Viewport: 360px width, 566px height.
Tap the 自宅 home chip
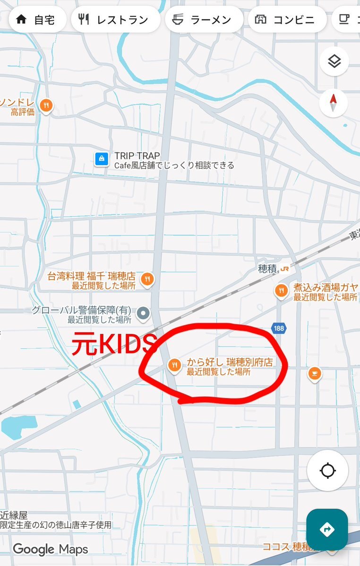point(37,19)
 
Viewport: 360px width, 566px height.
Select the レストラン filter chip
point(113,19)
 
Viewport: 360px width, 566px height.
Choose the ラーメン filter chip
point(203,19)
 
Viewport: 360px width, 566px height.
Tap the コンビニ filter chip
point(287,19)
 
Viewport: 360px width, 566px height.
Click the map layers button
point(334,61)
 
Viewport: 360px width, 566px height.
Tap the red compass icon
point(334,103)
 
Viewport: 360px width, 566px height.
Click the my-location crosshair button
point(327,471)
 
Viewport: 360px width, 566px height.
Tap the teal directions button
point(327,530)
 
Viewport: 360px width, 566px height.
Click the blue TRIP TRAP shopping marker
point(101,159)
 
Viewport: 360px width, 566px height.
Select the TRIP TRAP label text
point(137,156)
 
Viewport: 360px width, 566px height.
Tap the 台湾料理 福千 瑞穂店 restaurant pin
point(147,279)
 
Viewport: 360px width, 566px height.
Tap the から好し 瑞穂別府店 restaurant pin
point(174,365)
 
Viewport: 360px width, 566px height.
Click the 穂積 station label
point(267,269)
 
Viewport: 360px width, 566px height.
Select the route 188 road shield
point(279,328)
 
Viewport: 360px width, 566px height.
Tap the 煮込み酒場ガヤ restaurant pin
point(282,290)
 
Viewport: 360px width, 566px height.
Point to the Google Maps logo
point(51,549)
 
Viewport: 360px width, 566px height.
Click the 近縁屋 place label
point(15,515)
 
